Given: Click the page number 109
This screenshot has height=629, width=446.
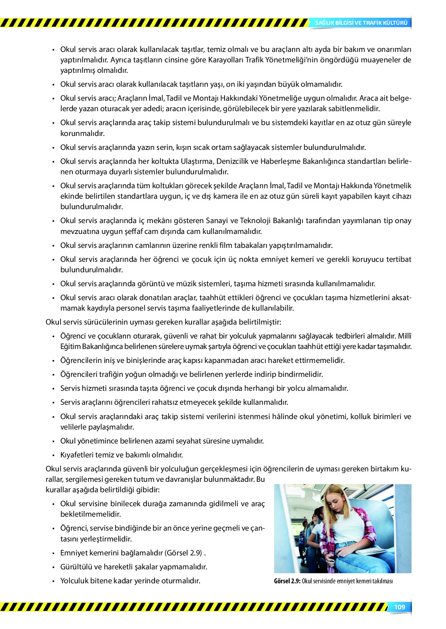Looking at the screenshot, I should coord(399,607).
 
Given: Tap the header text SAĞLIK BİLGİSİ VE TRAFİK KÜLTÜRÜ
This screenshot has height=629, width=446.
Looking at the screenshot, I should coord(361,23).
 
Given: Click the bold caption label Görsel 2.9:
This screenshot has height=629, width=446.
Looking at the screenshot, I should coord(287,581).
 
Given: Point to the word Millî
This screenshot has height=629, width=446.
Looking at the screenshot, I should coord(405,336).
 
